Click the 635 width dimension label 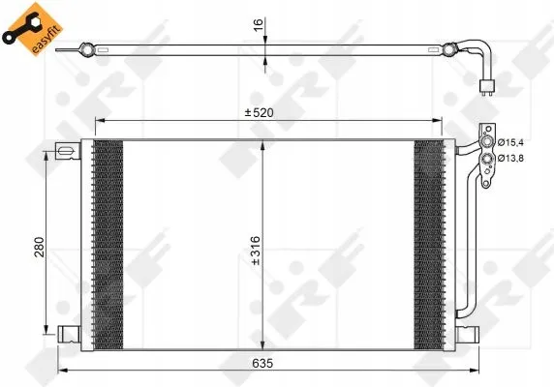pyautogui.click(x=262, y=363)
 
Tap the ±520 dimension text pyautogui.click(x=260, y=113)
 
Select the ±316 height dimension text pyautogui.click(x=255, y=251)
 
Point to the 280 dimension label pyautogui.click(x=39, y=247)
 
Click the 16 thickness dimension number pyautogui.click(x=259, y=24)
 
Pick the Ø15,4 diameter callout pyautogui.click(x=510, y=142)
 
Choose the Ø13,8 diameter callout pyautogui.click(x=510, y=159)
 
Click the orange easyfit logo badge pyautogui.click(x=33, y=29)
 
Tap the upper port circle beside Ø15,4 pyautogui.click(x=487, y=142)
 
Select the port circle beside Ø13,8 pyautogui.click(x=487, y=159)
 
